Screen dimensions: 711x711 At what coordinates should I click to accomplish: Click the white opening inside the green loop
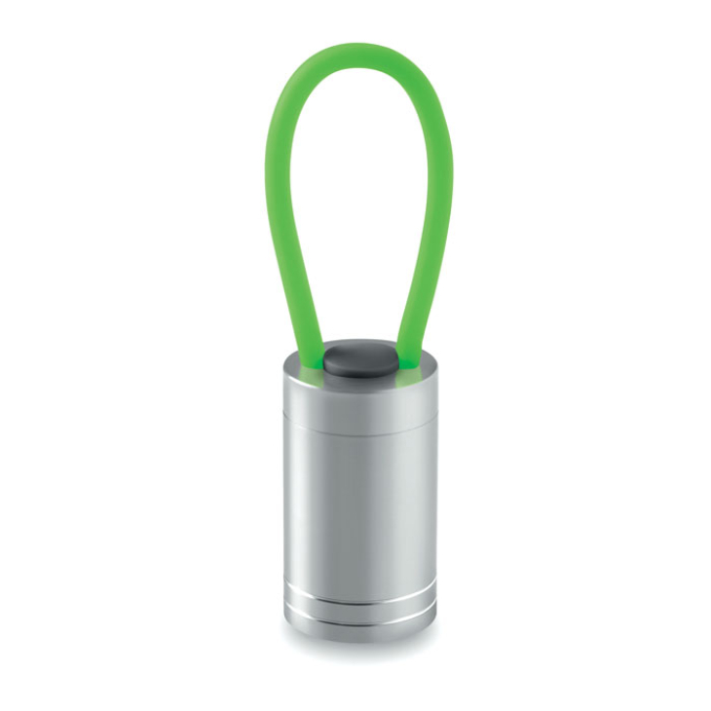(357, 195)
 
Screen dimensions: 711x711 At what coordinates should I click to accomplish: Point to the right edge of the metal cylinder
(434, 497)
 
